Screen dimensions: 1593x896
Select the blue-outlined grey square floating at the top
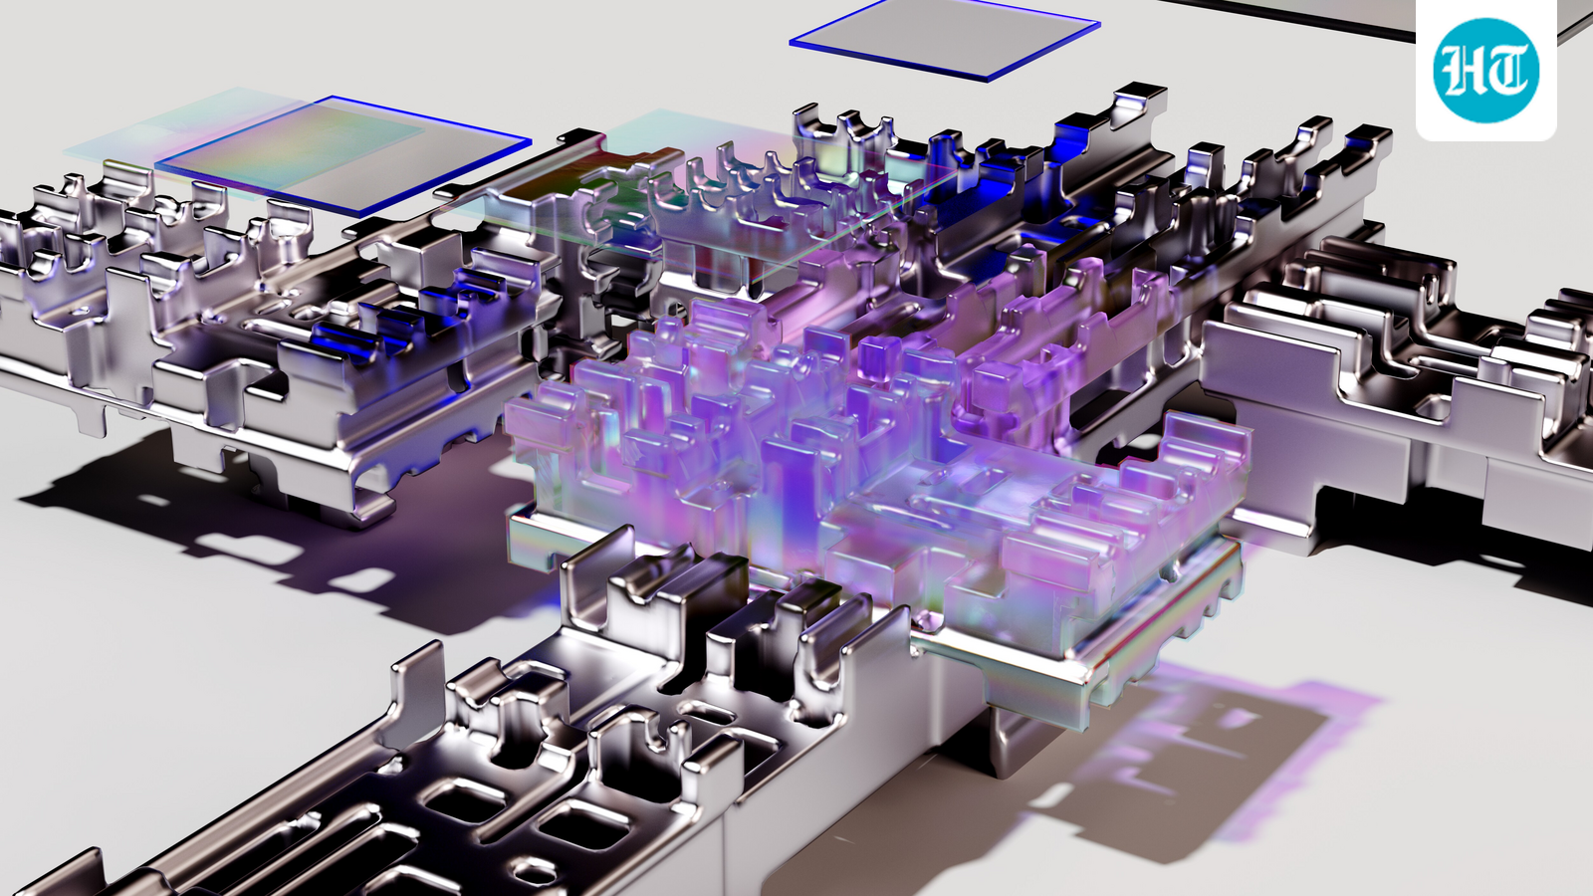[945, 36]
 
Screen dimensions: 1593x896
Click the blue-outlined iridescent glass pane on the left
[342, 153]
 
